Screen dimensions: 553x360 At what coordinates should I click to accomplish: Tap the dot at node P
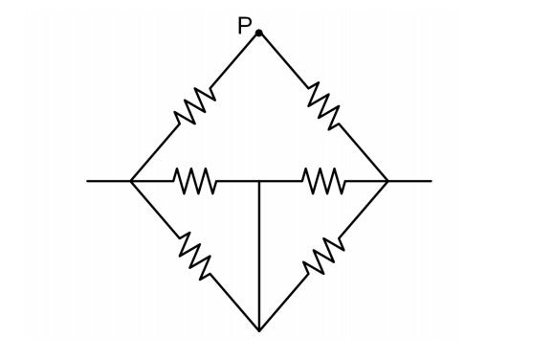click(259, 34)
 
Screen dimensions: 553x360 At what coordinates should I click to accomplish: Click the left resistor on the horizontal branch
click(195, 180)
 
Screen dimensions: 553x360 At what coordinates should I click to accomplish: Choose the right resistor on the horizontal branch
click(323, 180)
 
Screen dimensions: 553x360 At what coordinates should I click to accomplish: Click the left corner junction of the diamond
click(131, 180)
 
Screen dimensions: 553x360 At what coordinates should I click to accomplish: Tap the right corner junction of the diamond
click(387, 180)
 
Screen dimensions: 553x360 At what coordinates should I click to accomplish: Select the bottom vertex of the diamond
click(259, 330)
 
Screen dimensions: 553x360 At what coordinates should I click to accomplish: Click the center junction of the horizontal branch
click(259, 180)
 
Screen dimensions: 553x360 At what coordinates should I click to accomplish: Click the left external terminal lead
click(108, 180)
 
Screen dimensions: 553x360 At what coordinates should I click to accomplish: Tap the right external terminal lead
click(409, 180)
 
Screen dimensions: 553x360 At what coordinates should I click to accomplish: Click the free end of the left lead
click(87, 180)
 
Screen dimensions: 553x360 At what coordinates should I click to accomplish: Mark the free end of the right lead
click(431, 180)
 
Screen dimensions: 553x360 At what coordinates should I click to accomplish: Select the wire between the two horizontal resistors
click(259, 180)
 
